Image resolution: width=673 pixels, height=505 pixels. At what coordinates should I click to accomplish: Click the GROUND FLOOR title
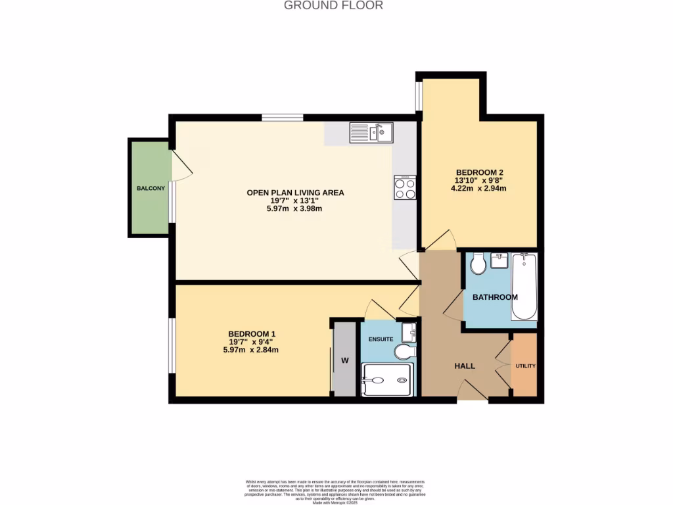(333, 5)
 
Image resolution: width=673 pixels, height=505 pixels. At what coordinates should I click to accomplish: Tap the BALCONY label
(151, 189)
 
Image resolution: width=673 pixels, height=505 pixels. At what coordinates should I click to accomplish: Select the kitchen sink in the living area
(372, 133)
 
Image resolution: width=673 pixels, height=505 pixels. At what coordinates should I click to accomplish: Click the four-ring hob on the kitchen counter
(405, 188)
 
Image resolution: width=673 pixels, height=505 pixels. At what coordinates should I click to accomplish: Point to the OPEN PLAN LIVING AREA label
(295, 193)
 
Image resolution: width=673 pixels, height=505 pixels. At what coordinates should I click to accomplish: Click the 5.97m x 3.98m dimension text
(295, 208)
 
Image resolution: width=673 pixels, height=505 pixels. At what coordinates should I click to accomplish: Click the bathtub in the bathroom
(524, 287)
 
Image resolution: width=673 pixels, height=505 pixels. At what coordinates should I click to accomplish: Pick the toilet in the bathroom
(478, 264)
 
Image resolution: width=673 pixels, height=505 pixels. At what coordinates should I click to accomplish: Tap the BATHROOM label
(496, 297)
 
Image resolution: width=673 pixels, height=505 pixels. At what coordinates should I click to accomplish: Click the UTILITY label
(525, 366)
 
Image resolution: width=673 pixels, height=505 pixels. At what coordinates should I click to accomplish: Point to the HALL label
(465, 366)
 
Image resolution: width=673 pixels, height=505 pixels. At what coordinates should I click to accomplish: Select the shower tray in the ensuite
(388, 380)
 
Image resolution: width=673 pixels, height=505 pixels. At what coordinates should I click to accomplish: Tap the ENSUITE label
(381, 339)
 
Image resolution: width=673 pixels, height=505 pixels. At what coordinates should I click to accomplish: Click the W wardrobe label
(344, 360)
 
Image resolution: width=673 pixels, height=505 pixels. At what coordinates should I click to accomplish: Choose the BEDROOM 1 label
(252, 334)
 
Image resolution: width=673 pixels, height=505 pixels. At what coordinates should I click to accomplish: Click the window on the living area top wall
(283, 118)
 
